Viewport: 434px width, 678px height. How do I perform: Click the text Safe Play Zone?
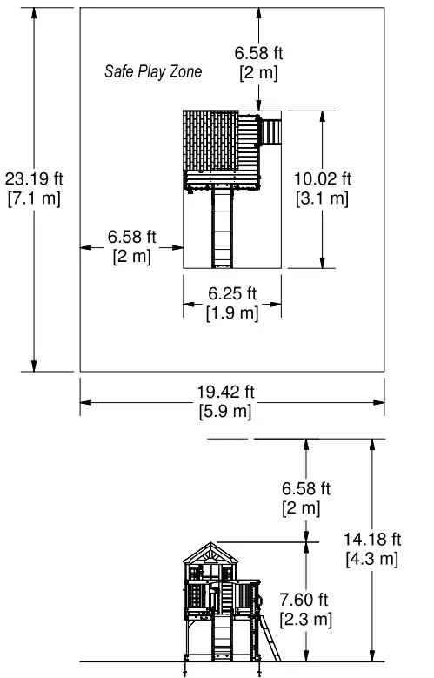[153, 72]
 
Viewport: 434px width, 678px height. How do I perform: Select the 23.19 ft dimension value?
[34, 179]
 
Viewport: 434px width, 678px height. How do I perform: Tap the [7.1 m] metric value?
[34, 198]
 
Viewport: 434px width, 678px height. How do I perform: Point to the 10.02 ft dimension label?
[323, 179]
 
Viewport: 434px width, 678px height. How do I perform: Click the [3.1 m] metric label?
[323, 198]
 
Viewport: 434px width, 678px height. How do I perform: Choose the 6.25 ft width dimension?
[232, 293]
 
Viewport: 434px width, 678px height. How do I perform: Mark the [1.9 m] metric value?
[232, 312]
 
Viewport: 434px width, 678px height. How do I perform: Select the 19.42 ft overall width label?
[231, 392]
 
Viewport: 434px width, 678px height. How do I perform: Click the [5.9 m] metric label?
[231, 412]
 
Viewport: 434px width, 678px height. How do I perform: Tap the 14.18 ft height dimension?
[372, 538]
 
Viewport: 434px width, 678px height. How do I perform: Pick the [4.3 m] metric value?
[372, 557]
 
